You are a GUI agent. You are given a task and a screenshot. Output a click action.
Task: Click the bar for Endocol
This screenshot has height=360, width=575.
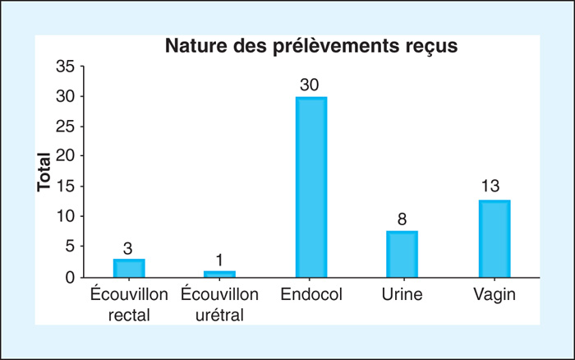(311, 187)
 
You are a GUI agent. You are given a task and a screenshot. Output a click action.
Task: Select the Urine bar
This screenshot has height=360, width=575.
(402, 254)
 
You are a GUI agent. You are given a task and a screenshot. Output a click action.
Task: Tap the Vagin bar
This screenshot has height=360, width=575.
(494, 238)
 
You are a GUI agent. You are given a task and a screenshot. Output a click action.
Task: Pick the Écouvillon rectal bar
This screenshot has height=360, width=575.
(129, 268)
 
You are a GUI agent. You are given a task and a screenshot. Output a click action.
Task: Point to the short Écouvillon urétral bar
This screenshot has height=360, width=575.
(219, 275)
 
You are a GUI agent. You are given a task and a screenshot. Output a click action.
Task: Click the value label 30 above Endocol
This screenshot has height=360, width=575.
(310, 85)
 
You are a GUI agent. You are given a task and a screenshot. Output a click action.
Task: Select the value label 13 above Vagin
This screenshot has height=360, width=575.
(490, 186)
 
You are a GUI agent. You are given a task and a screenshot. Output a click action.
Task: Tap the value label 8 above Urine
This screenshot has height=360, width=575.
(402, 219)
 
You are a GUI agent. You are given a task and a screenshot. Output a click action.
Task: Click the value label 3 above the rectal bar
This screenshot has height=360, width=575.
(127, 249)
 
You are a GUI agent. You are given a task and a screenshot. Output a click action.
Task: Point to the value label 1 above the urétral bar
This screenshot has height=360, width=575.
(219, 261)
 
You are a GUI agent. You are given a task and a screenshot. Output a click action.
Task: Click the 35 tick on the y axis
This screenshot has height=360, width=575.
(65, 67)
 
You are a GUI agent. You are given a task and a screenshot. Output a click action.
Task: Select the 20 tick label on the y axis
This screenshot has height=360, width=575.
(65, 156)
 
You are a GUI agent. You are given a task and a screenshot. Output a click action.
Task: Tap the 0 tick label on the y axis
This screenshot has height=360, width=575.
(70, 278)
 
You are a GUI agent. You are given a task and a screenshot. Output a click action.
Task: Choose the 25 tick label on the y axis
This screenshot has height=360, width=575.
(65, 127)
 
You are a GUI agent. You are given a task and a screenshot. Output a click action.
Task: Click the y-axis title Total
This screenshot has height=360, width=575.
(44, 172)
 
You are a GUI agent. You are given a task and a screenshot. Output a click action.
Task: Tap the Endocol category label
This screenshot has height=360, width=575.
(311, 294)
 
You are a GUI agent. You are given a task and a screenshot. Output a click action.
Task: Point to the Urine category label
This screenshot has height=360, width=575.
(402, 294)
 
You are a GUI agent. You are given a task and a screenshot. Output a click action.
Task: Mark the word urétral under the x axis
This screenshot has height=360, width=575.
(219, 316)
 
